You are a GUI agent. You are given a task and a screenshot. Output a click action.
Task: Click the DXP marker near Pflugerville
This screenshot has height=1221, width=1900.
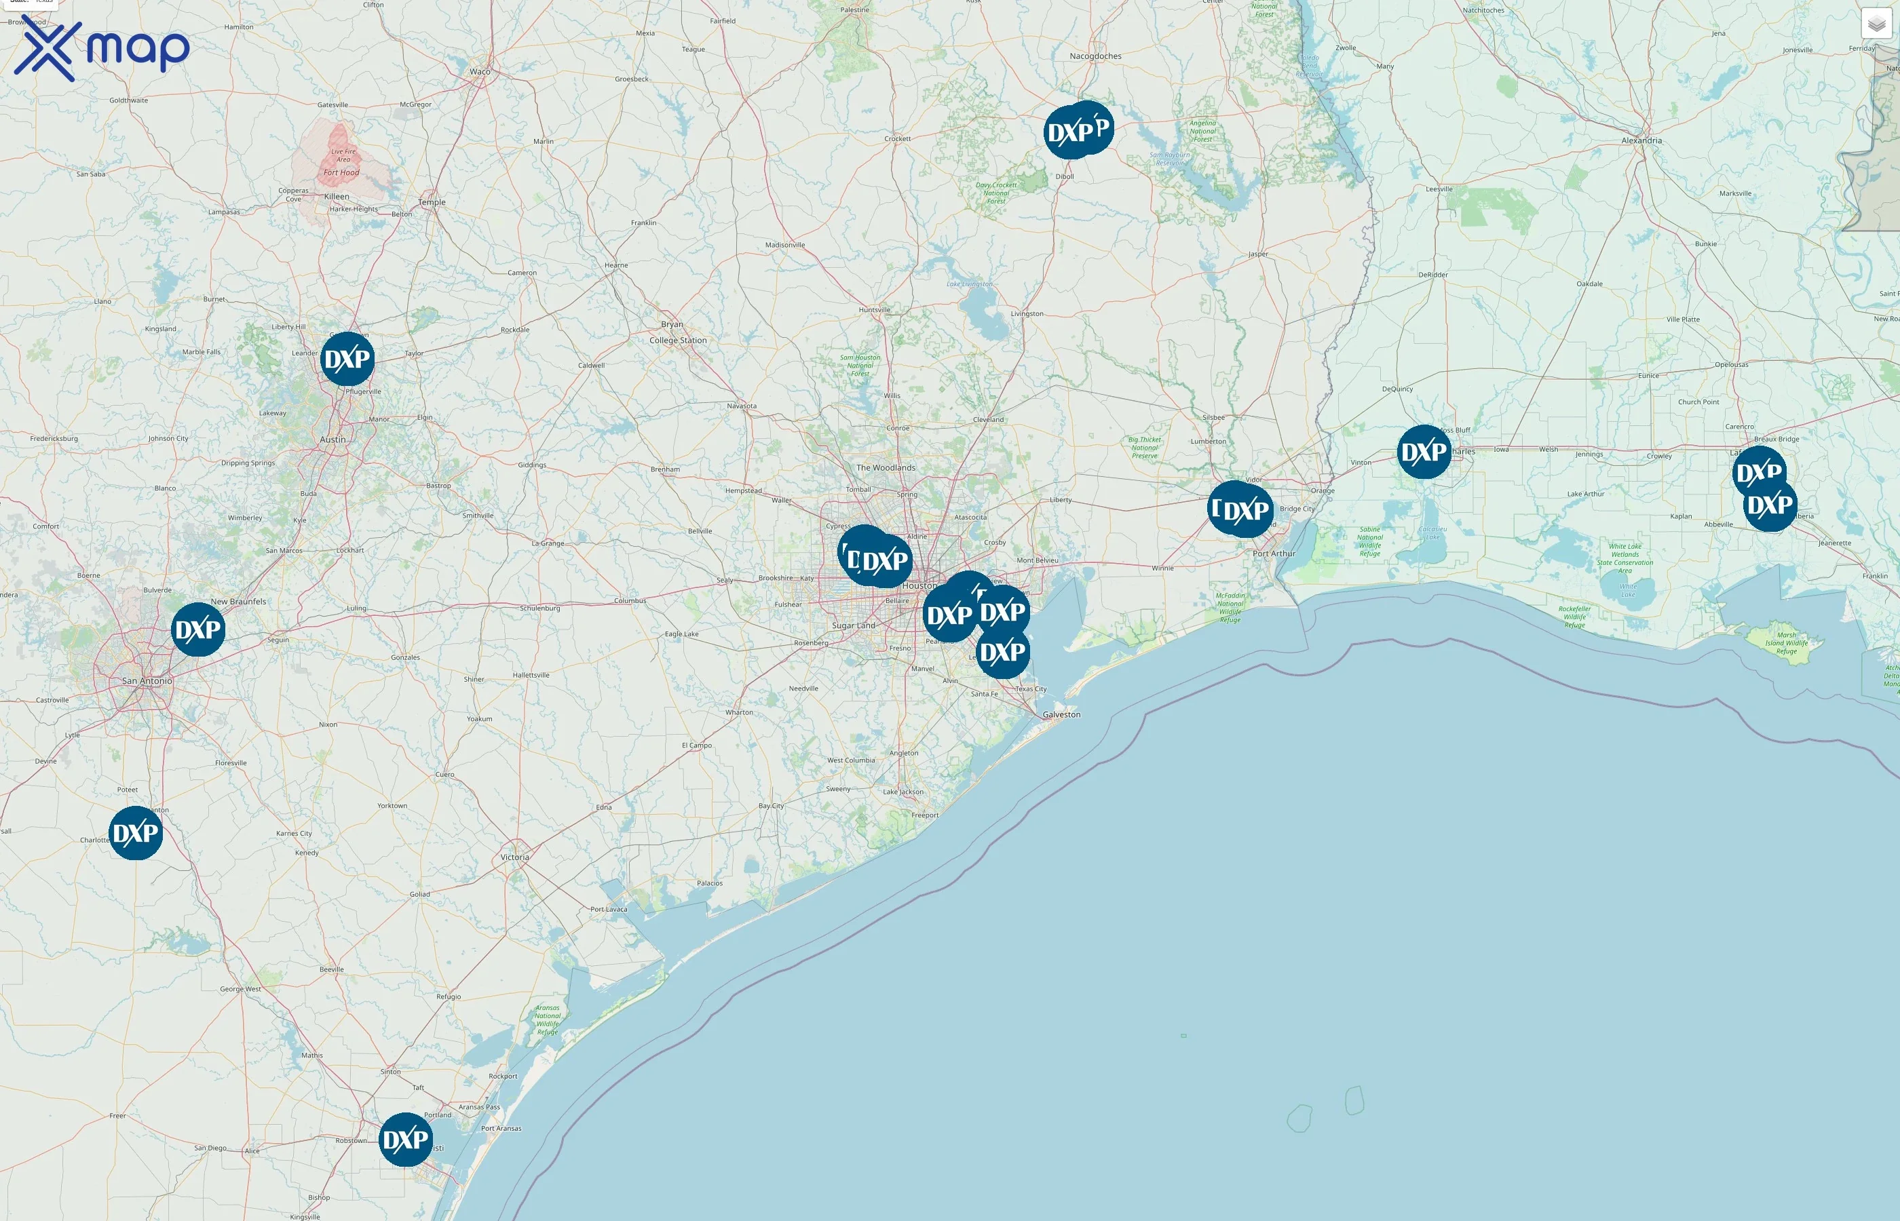pyautogui.click(x=347, y=359)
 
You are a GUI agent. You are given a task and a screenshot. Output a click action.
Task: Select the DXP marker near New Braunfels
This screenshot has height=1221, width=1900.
pyautogui.click(x=198, y=629)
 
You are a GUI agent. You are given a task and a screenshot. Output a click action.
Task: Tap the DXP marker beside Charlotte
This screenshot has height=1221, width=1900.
pyautogui.click(x=136, y=833)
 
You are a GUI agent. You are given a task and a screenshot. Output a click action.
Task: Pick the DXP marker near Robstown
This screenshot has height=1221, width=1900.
pyautogui.click(x=405, y=1140)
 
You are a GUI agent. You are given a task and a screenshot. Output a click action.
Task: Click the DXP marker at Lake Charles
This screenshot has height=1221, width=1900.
pyautogui.click(x=1424, y=452)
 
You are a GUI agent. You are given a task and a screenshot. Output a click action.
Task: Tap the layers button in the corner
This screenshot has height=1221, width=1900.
pyautogui.click(x=1876, y=24)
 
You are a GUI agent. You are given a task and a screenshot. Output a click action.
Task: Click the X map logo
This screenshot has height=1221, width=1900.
pyautogui.click(x=102, y=49)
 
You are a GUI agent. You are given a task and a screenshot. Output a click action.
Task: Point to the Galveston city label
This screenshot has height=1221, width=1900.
pyautogui.click(x=1061, y=714)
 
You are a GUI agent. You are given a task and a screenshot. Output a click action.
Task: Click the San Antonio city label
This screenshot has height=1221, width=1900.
pyautogui.click(x=147, y=681)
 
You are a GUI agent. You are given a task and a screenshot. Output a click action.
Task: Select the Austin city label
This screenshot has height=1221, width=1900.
pyautogui.click(x=332, y=440)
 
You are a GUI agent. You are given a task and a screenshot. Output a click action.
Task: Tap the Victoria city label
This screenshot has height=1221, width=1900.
pyautogui.click(x=514, y=857)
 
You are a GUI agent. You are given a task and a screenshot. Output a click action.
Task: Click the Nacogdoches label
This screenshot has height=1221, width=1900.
pyautogui.click(x=1095, y=56)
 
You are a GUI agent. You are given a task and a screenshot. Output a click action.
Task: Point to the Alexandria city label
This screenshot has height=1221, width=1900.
pyautogui.click(x=1641, y=140)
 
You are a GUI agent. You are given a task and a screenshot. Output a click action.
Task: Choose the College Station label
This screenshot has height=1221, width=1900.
pyautogui.click(x=678, y=340)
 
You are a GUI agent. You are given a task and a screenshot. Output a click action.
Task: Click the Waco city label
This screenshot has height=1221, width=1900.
pyautogui.click(x=480, y=71)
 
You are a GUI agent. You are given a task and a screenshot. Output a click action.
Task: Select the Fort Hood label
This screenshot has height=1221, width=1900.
pyautogui.click(x=341, y=172)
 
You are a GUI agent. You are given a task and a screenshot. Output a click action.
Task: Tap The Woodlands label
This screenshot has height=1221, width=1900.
pyautogui.click(x=885, y=468)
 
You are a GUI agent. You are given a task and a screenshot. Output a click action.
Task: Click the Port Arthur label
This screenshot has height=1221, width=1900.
pyautogui.click(x=1274, y=554)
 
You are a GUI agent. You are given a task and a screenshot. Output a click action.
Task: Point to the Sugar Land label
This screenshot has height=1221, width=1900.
pyautogui.click(x=853, y=625)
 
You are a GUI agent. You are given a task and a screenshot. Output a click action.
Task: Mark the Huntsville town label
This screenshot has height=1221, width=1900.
pyautogui.click(x=874, y=310)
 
